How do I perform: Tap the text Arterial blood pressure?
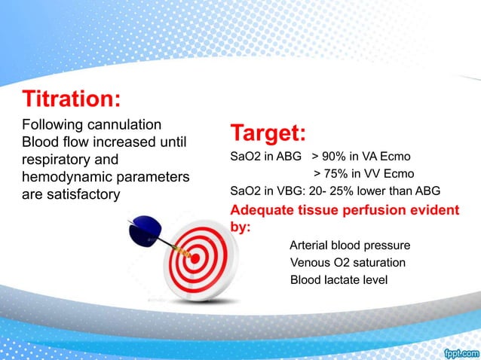[x=350, y=246]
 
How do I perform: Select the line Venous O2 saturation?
[x=348, y=263]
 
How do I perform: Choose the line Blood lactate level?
[x=339, y=280]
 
